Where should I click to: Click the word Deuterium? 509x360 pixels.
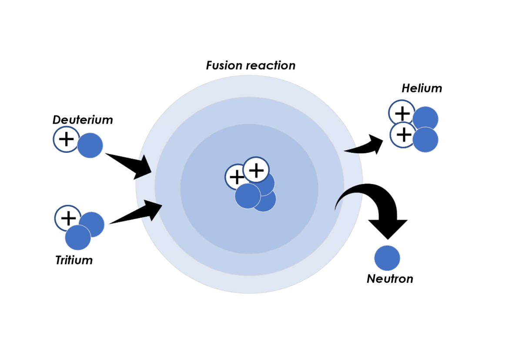[83, 120]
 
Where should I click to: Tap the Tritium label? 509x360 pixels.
[74, 260]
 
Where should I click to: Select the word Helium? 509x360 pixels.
[422, 88]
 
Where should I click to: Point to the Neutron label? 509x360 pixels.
[390, 279]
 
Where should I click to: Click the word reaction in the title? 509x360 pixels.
[273, 66]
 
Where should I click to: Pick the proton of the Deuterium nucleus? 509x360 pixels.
[66, 139]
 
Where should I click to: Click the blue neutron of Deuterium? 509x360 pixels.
[90, 145]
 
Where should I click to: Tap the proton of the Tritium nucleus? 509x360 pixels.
[67, 218]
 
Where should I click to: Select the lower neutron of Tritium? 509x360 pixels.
[78, 238]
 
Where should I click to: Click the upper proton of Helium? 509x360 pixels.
[402, 113]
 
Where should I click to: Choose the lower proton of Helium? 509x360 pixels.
[403, 135]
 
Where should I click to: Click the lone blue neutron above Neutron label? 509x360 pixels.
[387, 258]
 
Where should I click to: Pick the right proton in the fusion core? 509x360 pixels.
[256, 170]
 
